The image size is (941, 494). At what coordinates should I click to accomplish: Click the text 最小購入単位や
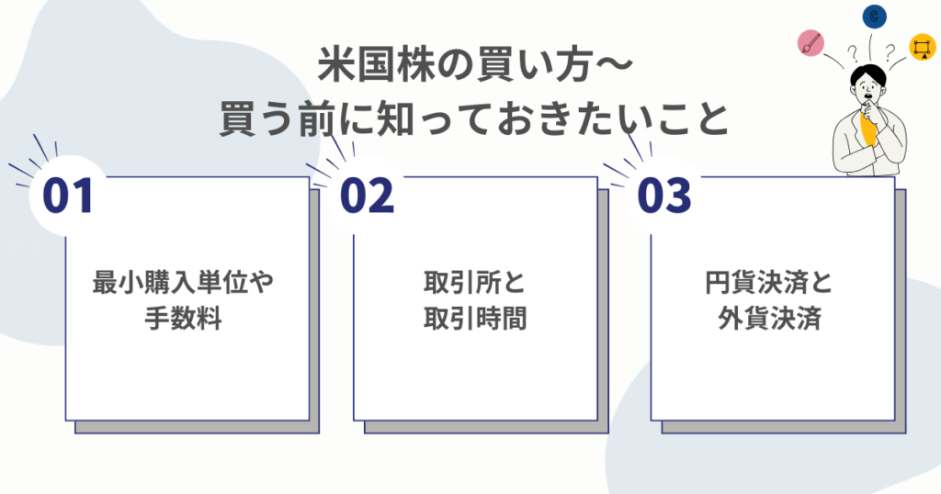click(x=183, y=283)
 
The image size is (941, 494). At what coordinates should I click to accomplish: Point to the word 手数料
click(x=183, y=319)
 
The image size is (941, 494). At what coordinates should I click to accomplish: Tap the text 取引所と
click(x=474, y=283)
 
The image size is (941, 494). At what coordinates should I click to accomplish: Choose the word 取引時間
click(x=474, y=319)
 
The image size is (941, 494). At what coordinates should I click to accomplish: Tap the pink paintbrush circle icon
click(x=811, y=42)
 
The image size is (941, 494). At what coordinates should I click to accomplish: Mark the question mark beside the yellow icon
click(x=890, y=52)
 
